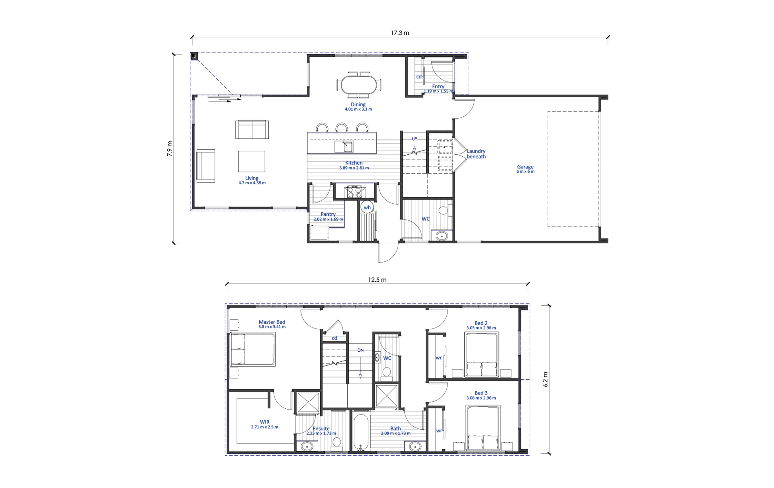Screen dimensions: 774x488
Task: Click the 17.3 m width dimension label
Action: pos(400,33)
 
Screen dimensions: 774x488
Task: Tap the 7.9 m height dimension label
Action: pos(170,149)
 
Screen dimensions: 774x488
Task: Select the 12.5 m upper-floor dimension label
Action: pos(377,280)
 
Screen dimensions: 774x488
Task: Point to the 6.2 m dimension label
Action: pos(545,379)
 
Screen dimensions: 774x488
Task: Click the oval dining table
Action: pos(359,84)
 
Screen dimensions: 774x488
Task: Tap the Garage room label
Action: pos(525,167)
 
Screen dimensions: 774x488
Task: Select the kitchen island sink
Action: pos(344,147)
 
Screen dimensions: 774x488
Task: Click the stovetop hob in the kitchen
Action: pos(354,192)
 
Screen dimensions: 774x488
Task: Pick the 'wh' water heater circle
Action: pos(367,207)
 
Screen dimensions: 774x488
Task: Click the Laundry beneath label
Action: pos(476,154)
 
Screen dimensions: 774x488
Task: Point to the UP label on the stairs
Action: pos(414,139)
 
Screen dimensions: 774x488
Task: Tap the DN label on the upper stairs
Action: pos(361,350)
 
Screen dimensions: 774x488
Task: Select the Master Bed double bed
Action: pos(253,350)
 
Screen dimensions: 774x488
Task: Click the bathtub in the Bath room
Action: pos(361,433)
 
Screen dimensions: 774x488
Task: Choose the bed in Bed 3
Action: pos(483,428)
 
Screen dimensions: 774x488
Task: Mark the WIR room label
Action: pos(265,422)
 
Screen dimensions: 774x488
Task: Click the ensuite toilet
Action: pos(337,444)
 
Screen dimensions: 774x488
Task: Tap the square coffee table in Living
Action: pos(252,161)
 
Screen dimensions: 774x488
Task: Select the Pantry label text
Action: pos(328,214)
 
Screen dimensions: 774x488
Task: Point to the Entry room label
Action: pos(438,86)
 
